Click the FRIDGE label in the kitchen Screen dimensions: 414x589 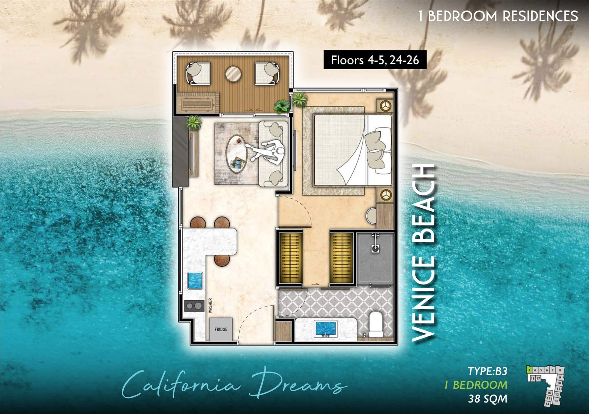pos(221,329)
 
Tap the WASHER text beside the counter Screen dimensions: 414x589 pos(211,305)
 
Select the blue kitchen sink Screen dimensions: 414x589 pos(195,281)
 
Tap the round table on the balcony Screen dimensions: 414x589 pos(233,74)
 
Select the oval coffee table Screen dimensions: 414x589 pos(237,154)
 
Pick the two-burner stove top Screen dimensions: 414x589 pos(194,305)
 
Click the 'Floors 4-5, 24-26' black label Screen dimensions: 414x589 pos(375,60)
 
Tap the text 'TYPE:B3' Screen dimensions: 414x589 pos(487,371)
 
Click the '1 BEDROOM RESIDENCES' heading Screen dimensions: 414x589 pos(498,16)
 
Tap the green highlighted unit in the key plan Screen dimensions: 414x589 pos(529,369)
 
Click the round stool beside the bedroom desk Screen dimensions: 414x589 pos(371,216)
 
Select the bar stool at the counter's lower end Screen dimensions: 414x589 pos(222,260)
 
